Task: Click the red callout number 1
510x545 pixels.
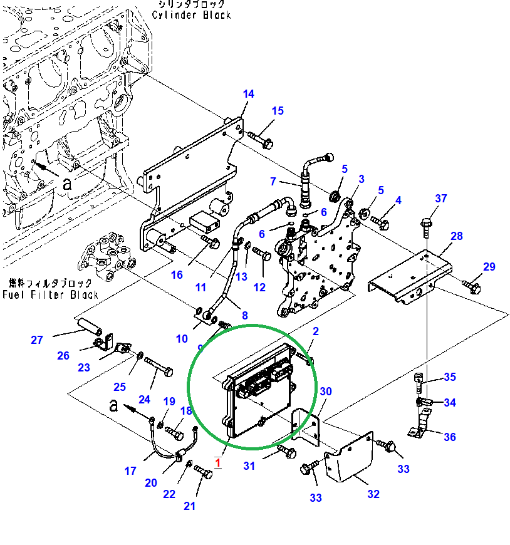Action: [x=217, y=463]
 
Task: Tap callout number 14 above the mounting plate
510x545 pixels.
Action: [x=248, y=94]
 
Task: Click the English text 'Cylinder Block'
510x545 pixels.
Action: [x=192, y=15]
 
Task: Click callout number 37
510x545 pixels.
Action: [x=441, y=199]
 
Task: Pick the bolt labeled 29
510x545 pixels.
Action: [x=471, y=286]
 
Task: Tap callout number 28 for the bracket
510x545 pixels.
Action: [x=456, y=236]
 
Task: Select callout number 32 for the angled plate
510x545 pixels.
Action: [x=373, y=494]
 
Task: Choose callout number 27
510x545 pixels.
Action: [x=37, y=340]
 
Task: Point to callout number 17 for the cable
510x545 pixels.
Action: [x=130, y=470]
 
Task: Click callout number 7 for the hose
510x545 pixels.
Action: [x=273, y=182]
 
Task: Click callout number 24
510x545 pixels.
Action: [x=145, y=399]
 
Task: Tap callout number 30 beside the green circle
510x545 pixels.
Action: [x=325, y=392]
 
